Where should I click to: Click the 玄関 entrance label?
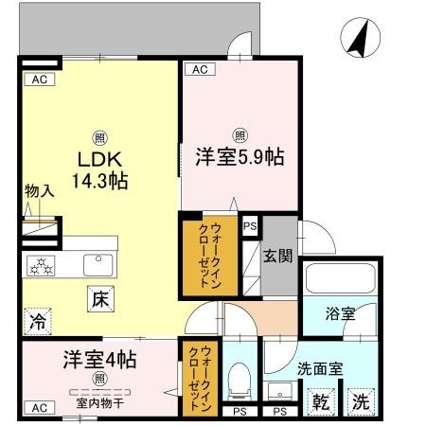click(x=277, y=255)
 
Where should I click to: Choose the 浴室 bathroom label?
click(x=342, y=314)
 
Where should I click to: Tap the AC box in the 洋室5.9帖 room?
click(x=197, y=69)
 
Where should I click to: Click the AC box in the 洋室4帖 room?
click(x=38, y=407)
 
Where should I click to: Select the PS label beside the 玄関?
click(x=250, y=226)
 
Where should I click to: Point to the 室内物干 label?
click(x=99, y=401)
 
